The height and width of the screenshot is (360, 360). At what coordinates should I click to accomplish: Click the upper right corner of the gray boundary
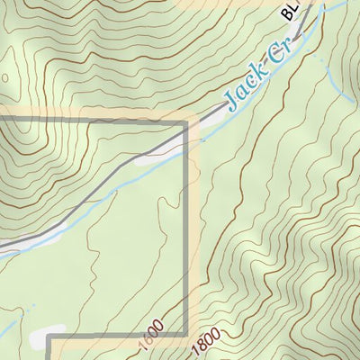click(x=187, y=121)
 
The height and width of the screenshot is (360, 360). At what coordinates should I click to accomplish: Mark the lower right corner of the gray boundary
click(x=187, y=336)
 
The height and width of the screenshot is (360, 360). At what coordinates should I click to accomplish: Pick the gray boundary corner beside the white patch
click(x=49, y=340)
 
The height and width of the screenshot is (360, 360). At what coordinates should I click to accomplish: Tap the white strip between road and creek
click(x=153, y=158)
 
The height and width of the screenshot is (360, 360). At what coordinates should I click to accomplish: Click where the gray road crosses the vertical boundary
click(x=187, y=138)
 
